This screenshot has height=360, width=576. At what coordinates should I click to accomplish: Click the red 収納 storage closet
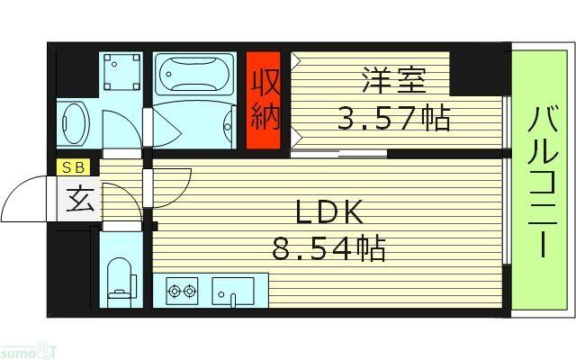[265, 101]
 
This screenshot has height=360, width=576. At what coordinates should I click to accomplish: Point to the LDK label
[329, 212]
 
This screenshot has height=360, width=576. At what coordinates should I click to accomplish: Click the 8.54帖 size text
[329, 247]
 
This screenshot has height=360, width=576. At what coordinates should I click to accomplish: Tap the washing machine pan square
[121, 72]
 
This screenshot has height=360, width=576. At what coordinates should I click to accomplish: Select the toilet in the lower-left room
[118, 275]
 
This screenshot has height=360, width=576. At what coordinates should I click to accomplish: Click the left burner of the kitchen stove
[174, 291]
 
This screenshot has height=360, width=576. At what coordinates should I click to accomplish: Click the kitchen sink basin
[233, 291]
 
